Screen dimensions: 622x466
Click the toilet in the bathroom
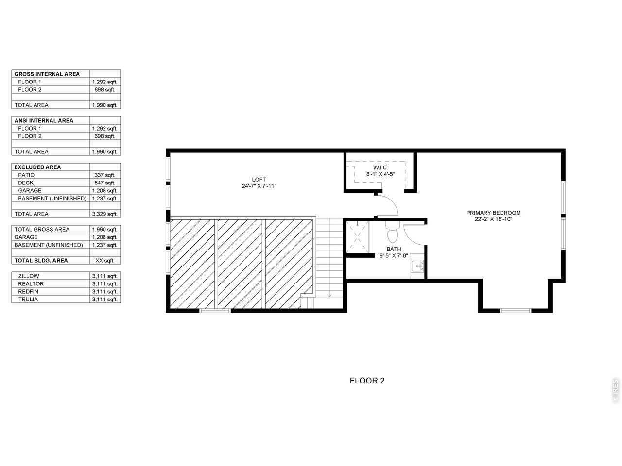pyautogui.click(x=392, y=233)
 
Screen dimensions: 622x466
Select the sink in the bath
pyautogui.click(x=417, y=266)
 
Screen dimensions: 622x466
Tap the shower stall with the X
pyautogui.click(x=358, y=237)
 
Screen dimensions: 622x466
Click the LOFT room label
pyautogui.click(x=259, y=180)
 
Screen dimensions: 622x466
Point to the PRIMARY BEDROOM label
pyautogui.click(x=493, y=213)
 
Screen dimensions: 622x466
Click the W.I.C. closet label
pyautogui.click(x=380, y=167)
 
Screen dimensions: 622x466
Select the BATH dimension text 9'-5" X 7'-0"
pyautogui.click(x=394, y=256)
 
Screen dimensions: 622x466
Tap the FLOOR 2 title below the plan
pyautogui.click(x=367, y=381)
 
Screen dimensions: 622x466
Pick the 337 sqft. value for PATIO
pyautogui.click(x=104, y=175)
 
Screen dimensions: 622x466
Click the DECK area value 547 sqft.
pyautogui.click(x=104, y=183)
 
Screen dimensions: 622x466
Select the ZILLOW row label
pyautogui.click(x=29, y=276)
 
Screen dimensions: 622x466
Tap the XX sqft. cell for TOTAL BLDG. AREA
pyautogui.click(x=104, y=260)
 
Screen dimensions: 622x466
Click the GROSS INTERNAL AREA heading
pyautogui.click(x=47, y=74)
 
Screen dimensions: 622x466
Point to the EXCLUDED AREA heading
pyautogui.click(x=38, y=167)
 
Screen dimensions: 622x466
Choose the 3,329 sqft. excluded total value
pyautogui.click(x=104, y=214)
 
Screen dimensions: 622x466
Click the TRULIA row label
pyautogui.click(x=28, y=299)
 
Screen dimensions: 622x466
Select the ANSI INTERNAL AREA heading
pyautogui.click(x=44, y=120)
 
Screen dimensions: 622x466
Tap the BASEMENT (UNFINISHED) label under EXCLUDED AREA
pyautogui.click(x=52, y=199)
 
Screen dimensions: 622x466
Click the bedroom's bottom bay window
pyautogui.click(x=516, y=311)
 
